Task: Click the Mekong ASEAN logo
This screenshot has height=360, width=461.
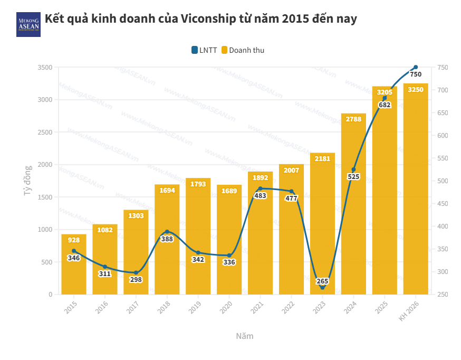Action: [x=28, y=24]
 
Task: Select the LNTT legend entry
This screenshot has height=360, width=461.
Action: [x=204, y=50]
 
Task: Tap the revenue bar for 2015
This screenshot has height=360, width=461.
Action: [x=74, y=264]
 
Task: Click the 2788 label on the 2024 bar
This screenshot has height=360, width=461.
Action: [x=353, y=119]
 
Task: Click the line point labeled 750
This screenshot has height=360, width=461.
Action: [x=416, y=67]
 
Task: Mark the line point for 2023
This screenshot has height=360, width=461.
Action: [x=322, y=287]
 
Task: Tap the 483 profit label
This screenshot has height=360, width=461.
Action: [x=260, y=195]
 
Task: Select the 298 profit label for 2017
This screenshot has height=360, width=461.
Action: [x=136, y=279]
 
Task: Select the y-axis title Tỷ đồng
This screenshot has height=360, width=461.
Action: [x=28, y=181]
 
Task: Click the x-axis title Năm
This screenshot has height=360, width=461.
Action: [x=244, y=336]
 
